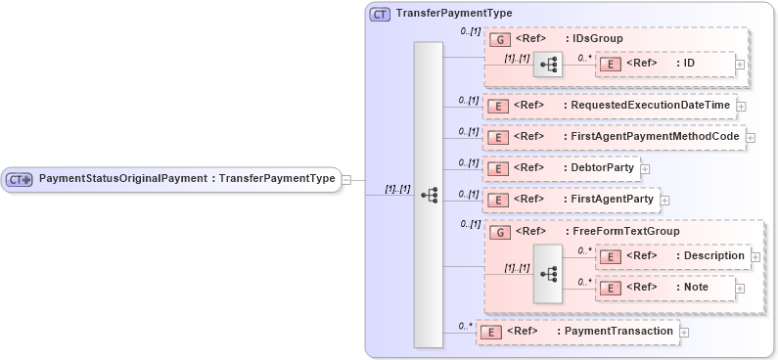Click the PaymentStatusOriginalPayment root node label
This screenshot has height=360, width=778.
[186, 179]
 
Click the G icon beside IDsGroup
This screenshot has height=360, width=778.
[497, 39]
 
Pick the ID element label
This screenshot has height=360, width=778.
[689, 64]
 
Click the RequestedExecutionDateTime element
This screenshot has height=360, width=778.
[648, 105]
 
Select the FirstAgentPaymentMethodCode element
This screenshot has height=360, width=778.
[654, 137]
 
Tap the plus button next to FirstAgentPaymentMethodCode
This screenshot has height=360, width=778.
[751, 138]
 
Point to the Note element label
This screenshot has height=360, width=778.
[697, 288]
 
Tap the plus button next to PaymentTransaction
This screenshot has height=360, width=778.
[684, 333]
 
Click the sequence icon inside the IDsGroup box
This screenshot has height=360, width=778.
[548, 65]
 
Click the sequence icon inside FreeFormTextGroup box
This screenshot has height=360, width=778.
[548, 273]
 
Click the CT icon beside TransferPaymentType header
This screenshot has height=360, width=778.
[380, 15]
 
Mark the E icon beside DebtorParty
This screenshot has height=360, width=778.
[497, 169]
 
